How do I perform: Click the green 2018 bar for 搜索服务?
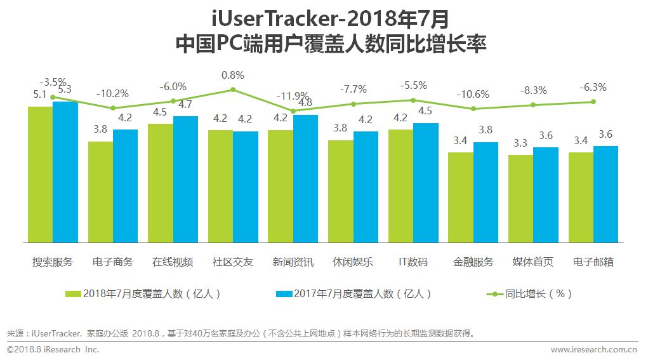click(40, 175)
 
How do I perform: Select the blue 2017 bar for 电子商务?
click(125, 186)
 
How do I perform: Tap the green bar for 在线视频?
click(160, 183)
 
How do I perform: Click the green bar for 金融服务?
click(460, 197)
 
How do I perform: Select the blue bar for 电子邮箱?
click(605, 194)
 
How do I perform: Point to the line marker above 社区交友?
click(233, 90)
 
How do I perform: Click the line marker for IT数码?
click(413, 100)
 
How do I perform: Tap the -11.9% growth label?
click(293, 97)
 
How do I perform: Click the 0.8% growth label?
click(232, 75)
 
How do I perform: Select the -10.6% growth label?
click(473, 95)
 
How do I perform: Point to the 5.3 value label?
click(65, 90)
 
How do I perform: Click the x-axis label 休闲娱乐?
click(353, 262)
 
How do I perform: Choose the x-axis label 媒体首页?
click(533, 262)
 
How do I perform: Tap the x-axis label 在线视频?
click(173, 262)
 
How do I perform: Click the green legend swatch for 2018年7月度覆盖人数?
click(74, 294)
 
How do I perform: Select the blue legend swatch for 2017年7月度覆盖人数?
click(284, 294)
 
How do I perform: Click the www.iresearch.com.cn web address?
click(594, 349)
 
